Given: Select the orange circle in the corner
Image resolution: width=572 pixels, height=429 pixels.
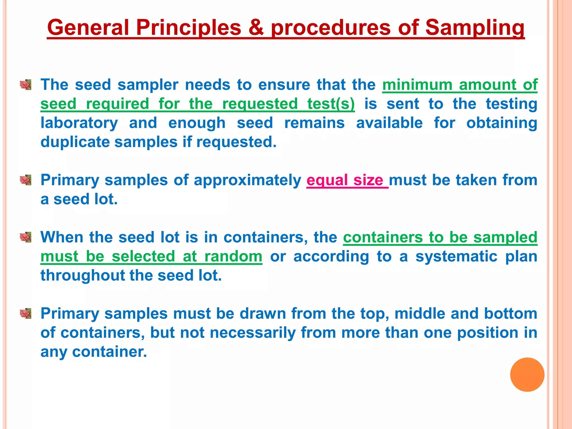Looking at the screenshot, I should (x=527, y=375).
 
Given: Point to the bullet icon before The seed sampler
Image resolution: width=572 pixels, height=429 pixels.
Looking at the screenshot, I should (x=25, y=85).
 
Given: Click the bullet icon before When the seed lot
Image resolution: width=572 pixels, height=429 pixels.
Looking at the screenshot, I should (x=25, y=237).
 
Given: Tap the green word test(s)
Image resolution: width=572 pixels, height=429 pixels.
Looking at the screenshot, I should (x=331, y=104).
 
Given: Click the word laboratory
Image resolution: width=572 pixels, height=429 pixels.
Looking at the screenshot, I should (x=79, y=123).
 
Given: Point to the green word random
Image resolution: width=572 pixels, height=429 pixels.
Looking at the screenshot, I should (x=233, y=256).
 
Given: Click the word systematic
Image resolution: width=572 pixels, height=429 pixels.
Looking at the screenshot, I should (x=456, y=256).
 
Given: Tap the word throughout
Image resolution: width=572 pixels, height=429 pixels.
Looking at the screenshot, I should (x=82, y=275).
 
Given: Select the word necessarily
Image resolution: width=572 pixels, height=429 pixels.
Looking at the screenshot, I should (x=252, y=333).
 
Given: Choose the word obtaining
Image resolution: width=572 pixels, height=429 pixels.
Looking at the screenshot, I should (x=502, y=123).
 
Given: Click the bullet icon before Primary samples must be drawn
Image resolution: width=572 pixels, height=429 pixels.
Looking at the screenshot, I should (x=25, y=314).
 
